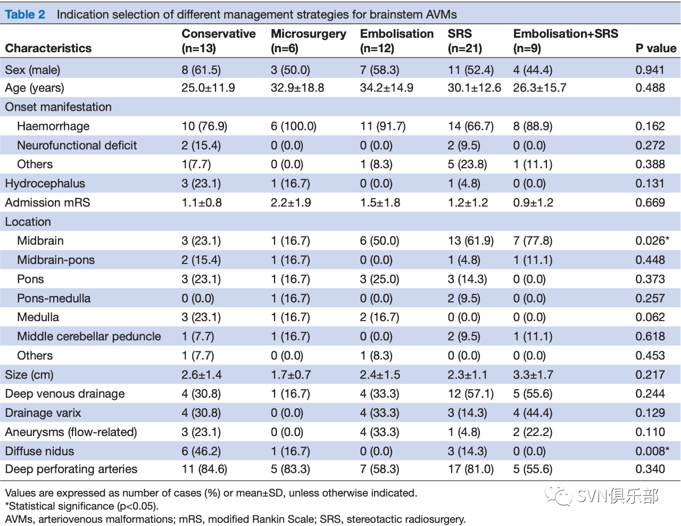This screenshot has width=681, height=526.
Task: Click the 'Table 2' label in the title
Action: (x=25, y=14)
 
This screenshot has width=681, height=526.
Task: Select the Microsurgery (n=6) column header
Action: (x=309, y=41)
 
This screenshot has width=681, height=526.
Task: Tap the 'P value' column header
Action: (x=655, y=48)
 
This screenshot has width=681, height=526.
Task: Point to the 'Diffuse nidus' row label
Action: (x=39, y=451)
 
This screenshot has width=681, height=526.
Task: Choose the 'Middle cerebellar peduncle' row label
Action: (x=89, y=336)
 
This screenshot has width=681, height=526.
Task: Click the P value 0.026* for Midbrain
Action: (x=652, y=241)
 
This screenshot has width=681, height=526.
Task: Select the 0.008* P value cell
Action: (x=652, y=451)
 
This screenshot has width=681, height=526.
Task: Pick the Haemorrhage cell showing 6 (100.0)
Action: (x=294, y=126)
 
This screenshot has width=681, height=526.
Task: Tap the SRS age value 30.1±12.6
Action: (x=474, y=87)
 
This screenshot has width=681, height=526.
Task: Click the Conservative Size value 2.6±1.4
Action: (x=202, y=375)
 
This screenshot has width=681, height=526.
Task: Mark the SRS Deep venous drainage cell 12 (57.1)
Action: (x=471, y=393)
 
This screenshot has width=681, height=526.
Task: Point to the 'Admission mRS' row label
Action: (x=48, y=202)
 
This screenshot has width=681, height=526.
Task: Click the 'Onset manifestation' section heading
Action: (x=59, y=107)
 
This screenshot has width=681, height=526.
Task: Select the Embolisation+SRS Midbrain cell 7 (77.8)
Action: (x=533, y=241)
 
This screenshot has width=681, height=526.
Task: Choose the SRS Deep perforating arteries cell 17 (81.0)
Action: (x=471, y=469)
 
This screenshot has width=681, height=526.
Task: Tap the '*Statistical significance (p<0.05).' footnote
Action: (x=82, y=506)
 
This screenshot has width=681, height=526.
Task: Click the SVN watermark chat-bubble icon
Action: (x=559, y=495)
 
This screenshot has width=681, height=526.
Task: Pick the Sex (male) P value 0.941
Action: (x=650, y=70)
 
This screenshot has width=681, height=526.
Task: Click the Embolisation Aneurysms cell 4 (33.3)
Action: (x=379, y=432)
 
